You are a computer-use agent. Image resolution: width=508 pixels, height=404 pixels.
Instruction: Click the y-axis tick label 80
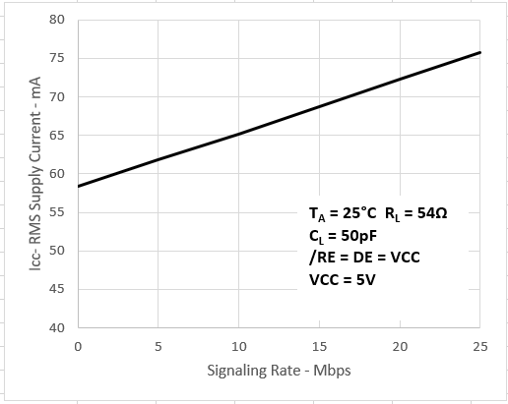point(57,20)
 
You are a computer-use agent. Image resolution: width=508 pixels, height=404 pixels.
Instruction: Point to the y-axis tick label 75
point(57,58)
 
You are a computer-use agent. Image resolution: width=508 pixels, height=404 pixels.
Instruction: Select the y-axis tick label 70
point(57,96)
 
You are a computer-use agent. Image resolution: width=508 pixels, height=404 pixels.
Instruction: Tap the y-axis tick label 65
point(57,135)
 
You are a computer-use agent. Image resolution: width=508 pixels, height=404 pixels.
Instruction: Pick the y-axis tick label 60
point(57,174)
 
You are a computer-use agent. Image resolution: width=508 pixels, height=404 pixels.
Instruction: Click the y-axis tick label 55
point(57,212)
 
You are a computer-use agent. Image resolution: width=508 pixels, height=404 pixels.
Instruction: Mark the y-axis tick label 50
point(57,251)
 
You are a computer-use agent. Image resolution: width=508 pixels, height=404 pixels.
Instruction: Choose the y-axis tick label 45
point(57,289)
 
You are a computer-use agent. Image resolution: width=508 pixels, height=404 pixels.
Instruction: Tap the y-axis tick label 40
point(57,327)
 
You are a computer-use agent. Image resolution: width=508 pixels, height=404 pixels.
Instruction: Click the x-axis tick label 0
point(77,346)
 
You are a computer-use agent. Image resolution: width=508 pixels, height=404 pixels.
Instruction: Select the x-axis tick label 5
point(158,346)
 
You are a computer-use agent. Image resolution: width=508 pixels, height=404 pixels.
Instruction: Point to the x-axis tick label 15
point(319,346)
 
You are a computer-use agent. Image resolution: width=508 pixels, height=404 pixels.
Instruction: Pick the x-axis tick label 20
point(400,346)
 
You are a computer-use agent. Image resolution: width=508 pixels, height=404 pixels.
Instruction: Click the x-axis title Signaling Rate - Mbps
point(279,372)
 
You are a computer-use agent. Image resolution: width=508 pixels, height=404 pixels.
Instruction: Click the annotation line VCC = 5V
point(343,279)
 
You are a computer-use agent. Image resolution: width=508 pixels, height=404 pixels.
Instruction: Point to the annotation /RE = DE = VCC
point(362,258)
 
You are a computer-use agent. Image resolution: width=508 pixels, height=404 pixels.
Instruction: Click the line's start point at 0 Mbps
point(77,186)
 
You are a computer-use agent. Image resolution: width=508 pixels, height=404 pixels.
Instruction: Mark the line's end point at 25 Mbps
point(480,52)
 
